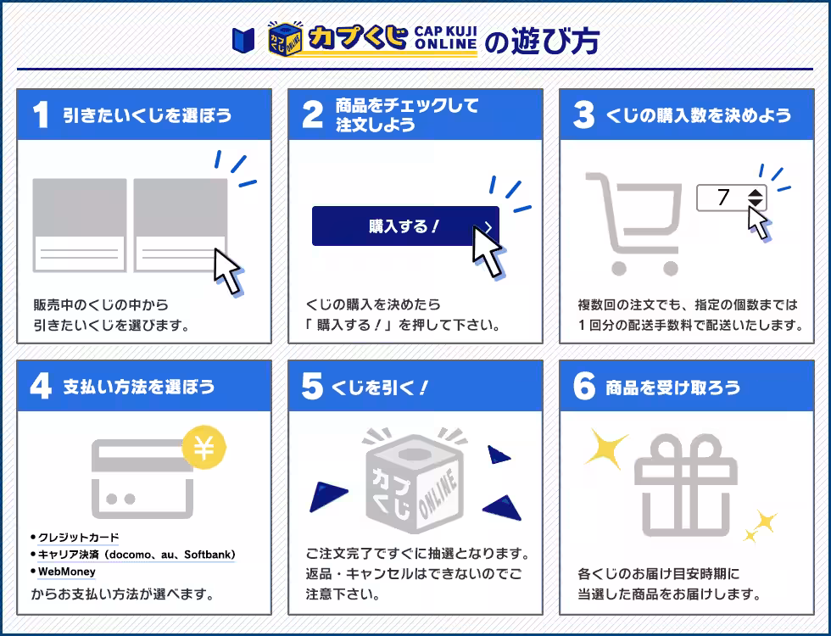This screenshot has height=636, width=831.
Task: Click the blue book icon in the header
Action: coord(243,39)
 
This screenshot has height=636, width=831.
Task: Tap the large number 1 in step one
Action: coord(40,115)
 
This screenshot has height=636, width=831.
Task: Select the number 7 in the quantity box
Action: coord(722,198)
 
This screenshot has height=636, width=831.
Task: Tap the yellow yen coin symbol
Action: coord(204,448)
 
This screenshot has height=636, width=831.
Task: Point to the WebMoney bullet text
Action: coord(66,572)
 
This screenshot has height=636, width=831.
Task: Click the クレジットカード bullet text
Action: coord(78,538)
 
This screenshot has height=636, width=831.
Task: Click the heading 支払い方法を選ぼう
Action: coord(139,387)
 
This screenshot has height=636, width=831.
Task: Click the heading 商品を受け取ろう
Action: coord(672,388)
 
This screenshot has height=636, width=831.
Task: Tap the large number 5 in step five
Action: coord(312,387)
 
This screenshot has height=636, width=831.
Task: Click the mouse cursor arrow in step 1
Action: coord(227,270)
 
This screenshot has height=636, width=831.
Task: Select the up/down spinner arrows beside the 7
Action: coord(756,198)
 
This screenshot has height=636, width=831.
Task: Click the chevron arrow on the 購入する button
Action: coord(488,227)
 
